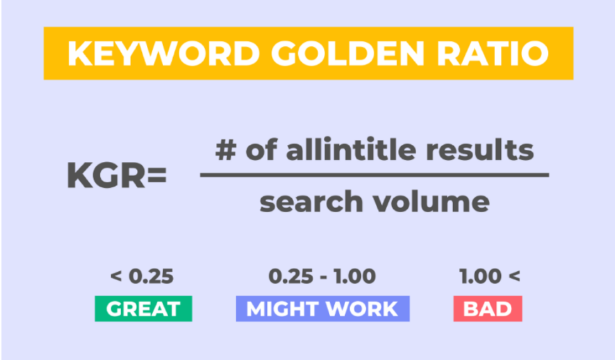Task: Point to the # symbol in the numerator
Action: click(225, 149)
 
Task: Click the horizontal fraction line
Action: click(374, 175)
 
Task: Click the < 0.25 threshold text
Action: click(142, 276)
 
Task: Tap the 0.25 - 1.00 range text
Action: click(322, 276)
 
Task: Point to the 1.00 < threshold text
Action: click(490, 276)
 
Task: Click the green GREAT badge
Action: click(143, 309)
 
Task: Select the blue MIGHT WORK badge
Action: click(322, 309)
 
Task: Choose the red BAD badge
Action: click(488, 309)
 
